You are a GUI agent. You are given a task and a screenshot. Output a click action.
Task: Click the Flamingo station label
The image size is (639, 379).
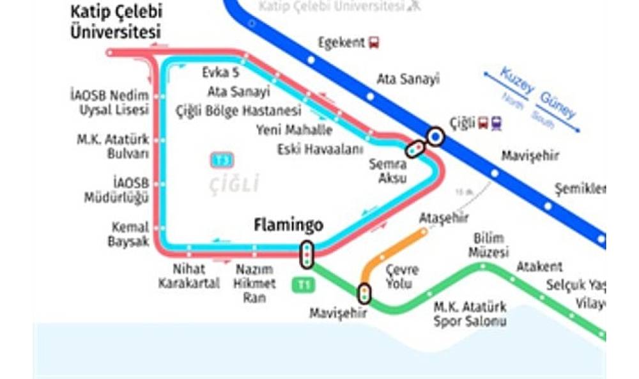pyautogui.click(x=289, y=225)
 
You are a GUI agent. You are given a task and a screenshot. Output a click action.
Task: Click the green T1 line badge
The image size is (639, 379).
pyautogui.click(x=304, y=284)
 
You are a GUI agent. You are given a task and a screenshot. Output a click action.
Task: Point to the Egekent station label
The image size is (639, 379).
pyautogui.click(x=342, y=43)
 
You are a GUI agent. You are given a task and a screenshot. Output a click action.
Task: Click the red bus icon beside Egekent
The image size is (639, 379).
pyautogui.click(x=374, y=43)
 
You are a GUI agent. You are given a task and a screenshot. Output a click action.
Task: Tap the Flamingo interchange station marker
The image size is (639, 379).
pyautogui.click(x=307, y=255)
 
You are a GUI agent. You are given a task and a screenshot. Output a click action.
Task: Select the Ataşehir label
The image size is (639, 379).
pyautogui.click(x=443, y=219)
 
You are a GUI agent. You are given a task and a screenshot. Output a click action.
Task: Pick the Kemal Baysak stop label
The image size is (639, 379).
pyautogui.click(x=130, y=235)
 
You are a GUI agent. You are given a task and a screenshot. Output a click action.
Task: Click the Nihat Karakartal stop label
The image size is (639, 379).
pyautogui.click(x=189, y=276)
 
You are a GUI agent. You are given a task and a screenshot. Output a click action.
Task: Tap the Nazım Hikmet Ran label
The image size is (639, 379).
pyautogui.click(x=254, y=283)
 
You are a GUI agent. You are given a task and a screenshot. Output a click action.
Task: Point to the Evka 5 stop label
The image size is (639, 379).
pyautogui.click(x=220, y=71)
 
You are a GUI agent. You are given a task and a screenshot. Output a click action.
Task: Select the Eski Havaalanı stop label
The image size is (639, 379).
pyautogui.click(x=320, y=150)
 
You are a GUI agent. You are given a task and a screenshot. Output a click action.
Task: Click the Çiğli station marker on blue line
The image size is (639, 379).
pyautogui.click(x=436, y=136)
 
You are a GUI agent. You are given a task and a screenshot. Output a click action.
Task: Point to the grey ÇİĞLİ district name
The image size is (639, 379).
pyautogui.click(x=235, y=185)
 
